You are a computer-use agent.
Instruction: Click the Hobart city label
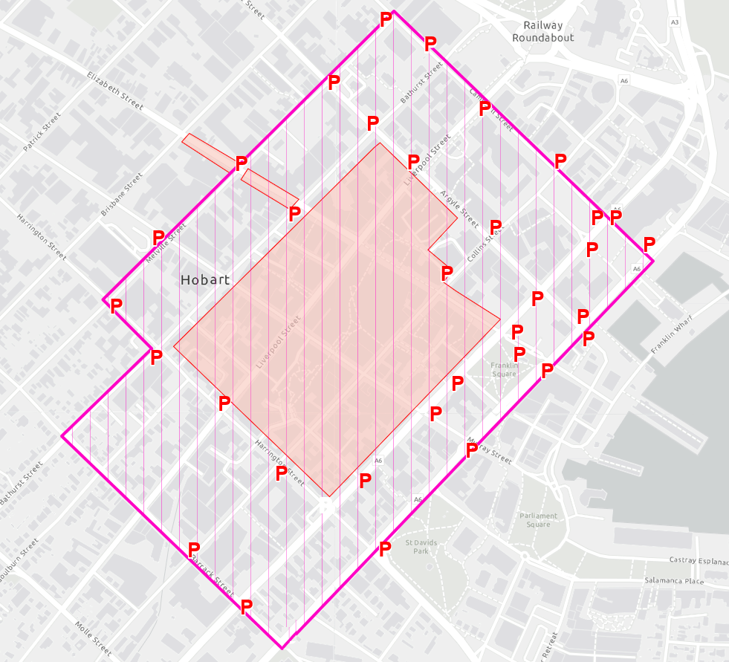[206, 280]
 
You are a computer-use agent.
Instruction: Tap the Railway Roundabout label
[542, 31]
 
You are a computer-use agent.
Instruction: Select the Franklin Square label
[503, 369]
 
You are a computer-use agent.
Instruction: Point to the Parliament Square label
[538, 520]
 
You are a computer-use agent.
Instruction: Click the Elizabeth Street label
[114, 91]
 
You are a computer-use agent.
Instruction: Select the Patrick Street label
[41, 132]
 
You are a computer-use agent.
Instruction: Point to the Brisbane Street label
[121, 195]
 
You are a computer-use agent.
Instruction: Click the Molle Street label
[94, 637]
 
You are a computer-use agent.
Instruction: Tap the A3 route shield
[674, 23]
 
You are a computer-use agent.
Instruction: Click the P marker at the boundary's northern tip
[386, 19]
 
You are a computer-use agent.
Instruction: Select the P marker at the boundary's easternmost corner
[649, 244]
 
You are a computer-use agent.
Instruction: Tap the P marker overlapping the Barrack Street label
[194, 549]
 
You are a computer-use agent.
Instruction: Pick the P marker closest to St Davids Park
[385, 549]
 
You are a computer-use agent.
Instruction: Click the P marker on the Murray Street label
[471, 450]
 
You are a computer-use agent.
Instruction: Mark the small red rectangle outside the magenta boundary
[209, 152]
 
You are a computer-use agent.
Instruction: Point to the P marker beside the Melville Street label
[158, 238]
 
